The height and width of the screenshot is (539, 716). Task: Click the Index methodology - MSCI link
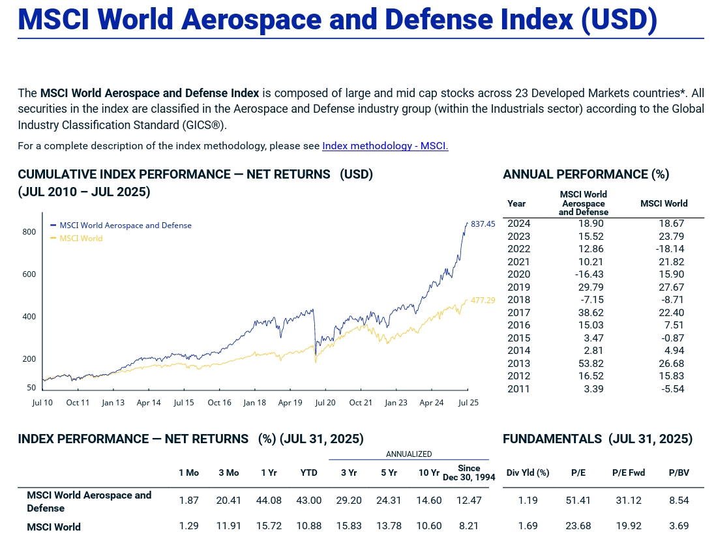[385, 146]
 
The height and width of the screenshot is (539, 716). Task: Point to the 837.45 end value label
[483, 224]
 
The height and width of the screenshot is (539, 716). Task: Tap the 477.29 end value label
[483, 300]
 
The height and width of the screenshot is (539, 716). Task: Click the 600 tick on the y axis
[29, 274]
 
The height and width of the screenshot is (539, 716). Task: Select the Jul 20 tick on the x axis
[325, 403]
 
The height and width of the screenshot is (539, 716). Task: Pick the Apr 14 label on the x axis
[149, 403]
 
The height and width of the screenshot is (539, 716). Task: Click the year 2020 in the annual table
[518, 274]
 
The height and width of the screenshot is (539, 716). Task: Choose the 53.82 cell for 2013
[591, 364]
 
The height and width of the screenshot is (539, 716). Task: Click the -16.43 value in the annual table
[589, 274]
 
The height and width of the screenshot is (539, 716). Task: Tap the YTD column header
[308, 473]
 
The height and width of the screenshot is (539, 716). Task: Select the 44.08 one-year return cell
[269, 501]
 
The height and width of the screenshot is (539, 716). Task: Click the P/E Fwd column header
[628, 473]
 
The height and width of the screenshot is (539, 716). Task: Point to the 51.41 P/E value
[578, 501]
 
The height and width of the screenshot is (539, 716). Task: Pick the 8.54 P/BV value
[679, 501]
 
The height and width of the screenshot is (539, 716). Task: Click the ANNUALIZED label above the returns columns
[409, 454]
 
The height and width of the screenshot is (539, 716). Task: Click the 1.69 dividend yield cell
[528, 526]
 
